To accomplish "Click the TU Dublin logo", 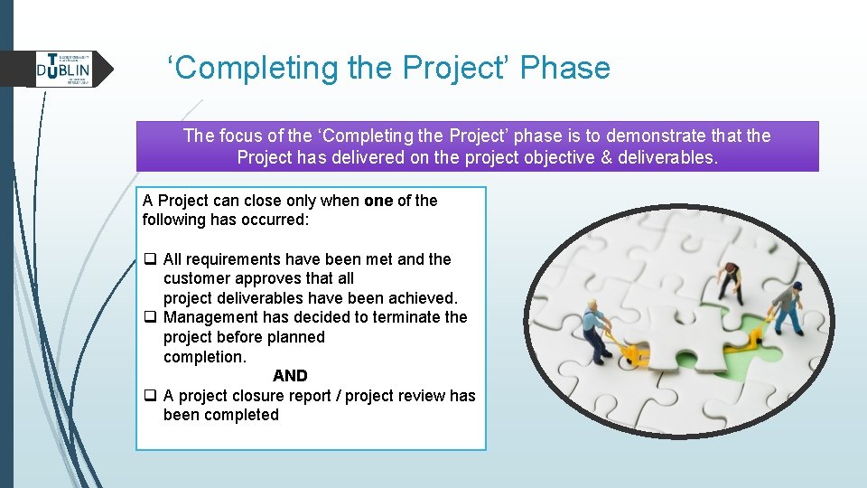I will coord(63,69).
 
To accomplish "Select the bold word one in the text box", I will coord(378,201).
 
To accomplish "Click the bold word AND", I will coord(290,376).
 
